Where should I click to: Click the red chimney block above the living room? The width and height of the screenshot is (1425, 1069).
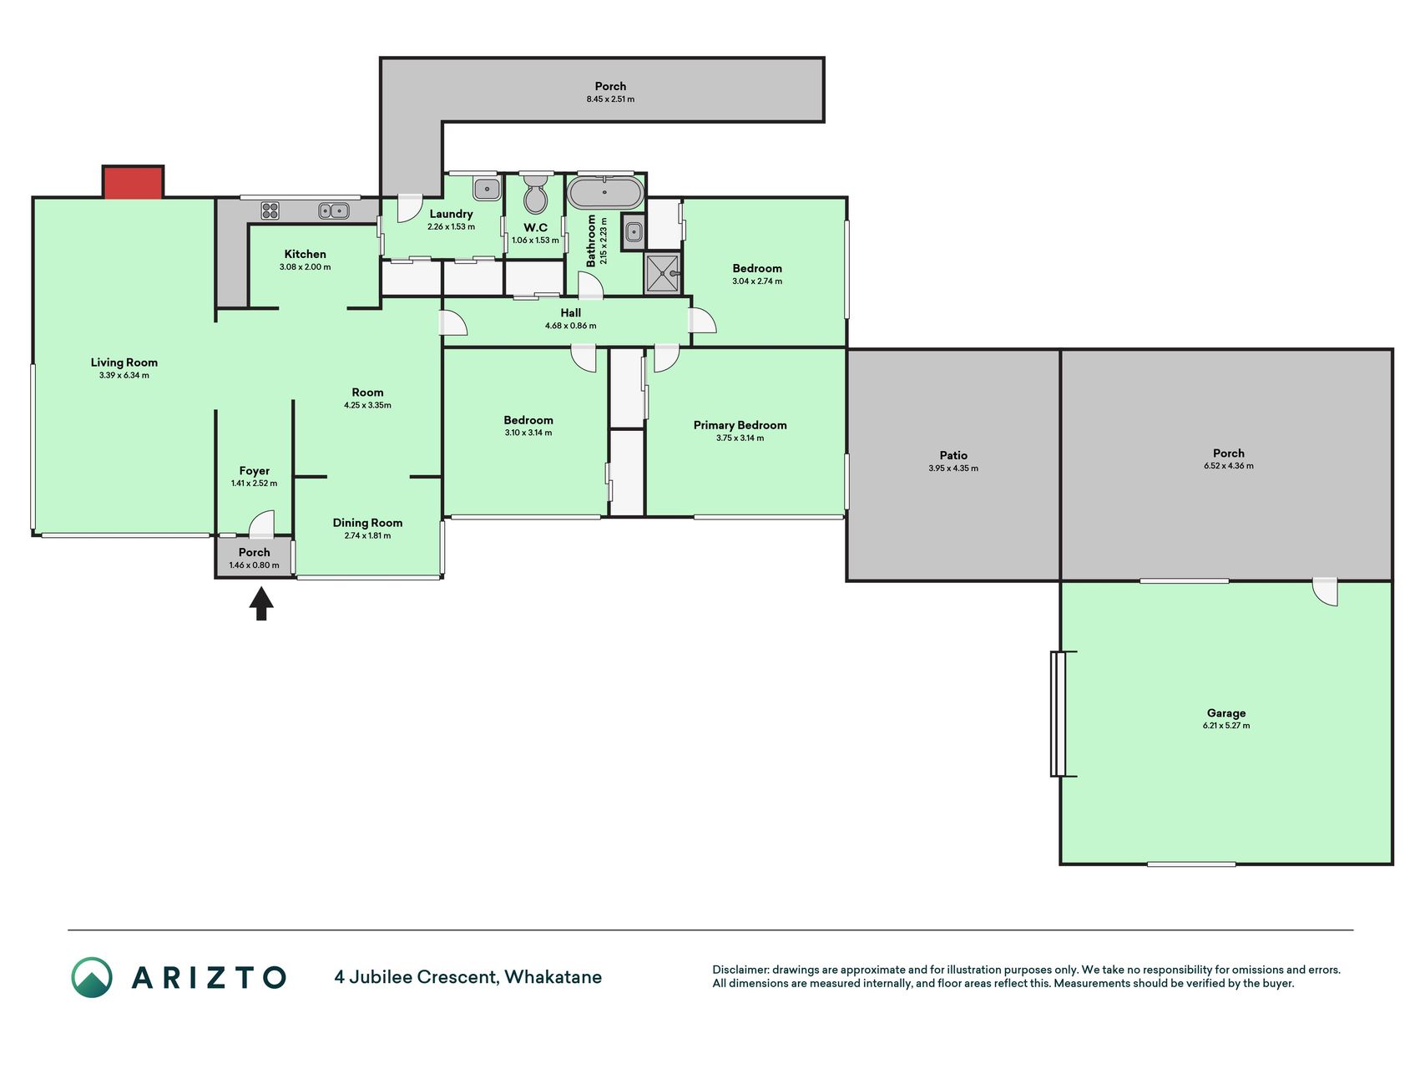pyautogui.click(x=133, y=182)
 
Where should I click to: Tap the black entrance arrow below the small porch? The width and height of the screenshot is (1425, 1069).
pyautogui.click(x=261, y=604)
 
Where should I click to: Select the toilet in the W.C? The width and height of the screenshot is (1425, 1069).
pyautogui.click(x=534, y=194)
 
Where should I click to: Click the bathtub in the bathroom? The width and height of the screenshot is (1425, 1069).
pyautogui.click(x=604, y=193)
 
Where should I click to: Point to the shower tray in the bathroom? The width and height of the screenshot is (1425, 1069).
pyautogui.click(x=663, y=274)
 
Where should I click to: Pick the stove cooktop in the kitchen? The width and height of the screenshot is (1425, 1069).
pyautogui.click(x=270, y=210)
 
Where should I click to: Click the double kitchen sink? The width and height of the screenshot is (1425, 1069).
pyautogui.click(x=334, y=210)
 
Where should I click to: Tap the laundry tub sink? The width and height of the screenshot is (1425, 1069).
pyautogui.click(x=486, y=188)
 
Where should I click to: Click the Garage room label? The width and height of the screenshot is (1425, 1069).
pyautogui.click(x=1225, y=713)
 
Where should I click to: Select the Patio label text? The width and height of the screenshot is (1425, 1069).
pyautogui.click(x=953, y=455)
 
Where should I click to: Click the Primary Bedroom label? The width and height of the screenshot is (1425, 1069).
pyautogui.click(x=740, y=425)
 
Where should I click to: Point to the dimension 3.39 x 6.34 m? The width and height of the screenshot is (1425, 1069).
pyautogui.click(x=124, y=376)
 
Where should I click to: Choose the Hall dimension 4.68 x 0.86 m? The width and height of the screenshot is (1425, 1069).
pyautogui.click(x=571, y=326)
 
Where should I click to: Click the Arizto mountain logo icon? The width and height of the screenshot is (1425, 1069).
pyautogui.click(x=92, y=977)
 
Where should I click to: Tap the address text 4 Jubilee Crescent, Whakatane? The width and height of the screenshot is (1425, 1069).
pyautogui.click(x=467, y=977)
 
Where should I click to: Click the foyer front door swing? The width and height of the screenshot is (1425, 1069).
pyautogui.click(x=262, y=524)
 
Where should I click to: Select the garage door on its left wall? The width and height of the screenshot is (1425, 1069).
pyautogui.click(x=1058, y=713)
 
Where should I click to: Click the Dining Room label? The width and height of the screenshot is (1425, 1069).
pyautogui.click(x=367, y=523)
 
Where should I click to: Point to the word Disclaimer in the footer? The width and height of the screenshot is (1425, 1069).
pyautogui.click(x=740, y=970)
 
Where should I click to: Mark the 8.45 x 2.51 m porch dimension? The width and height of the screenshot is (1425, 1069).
pyautogui.click(x=610, y=99)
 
